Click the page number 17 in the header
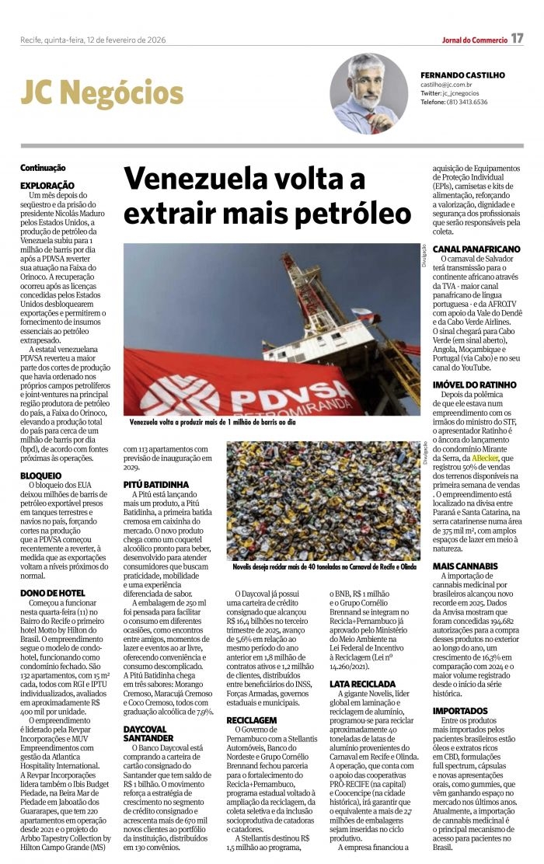coord(517,39)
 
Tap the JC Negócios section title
coord(102,94)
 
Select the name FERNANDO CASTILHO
coord(464,75)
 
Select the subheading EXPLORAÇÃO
coord(47,186)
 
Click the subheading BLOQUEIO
coord(41,475)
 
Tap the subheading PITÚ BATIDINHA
coord(155,484)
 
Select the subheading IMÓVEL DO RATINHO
coord(474,385)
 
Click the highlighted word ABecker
coord(485,459)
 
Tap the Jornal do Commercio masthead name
coord(474,40)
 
